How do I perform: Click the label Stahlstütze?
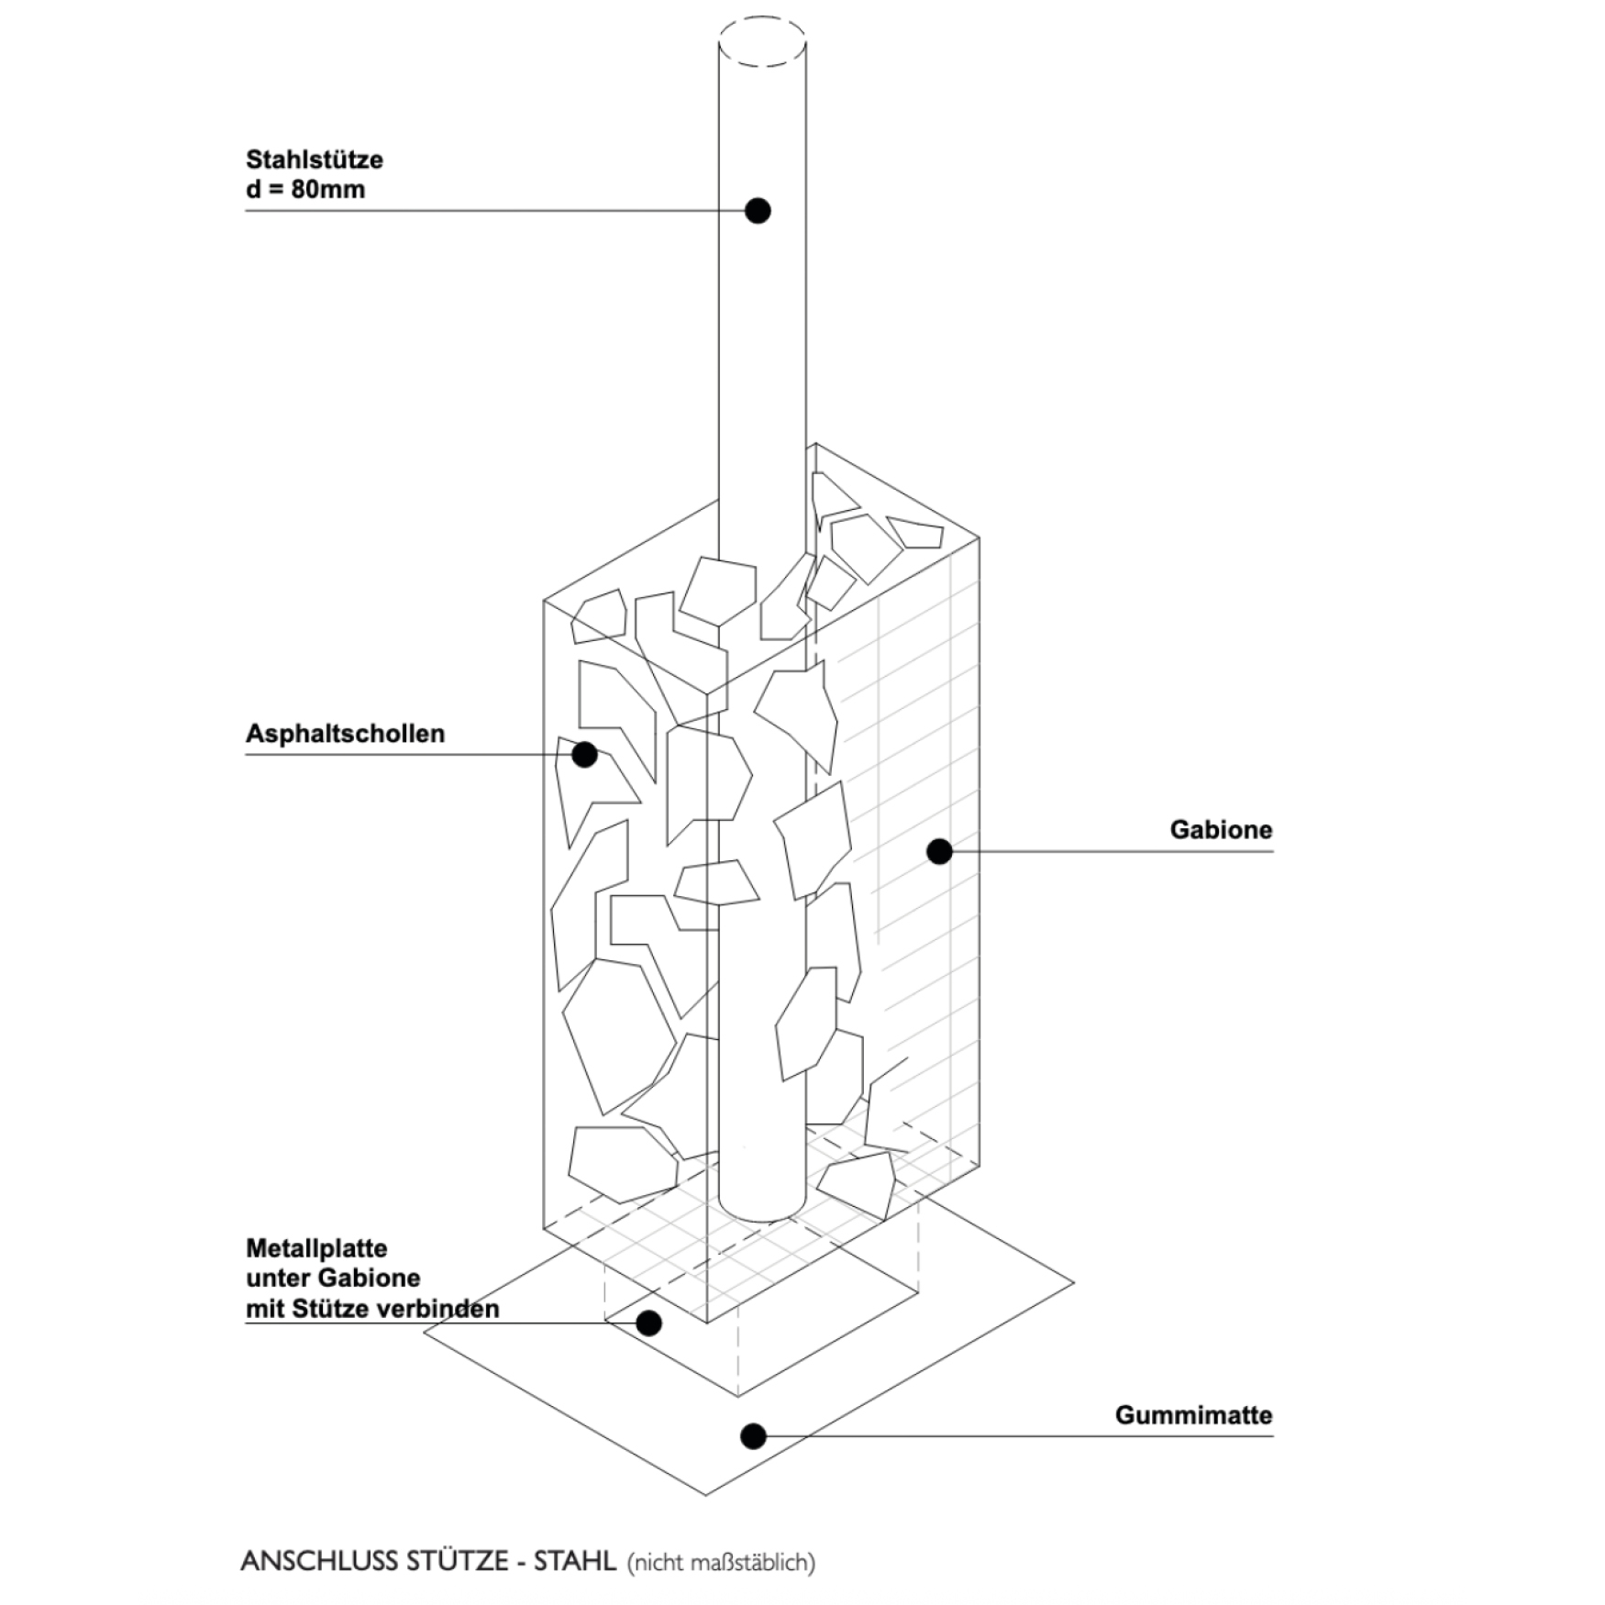coord(315,160)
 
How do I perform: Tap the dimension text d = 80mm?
coord(305,190)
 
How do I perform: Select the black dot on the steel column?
coord(758,210)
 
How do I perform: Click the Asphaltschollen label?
coord(345,734)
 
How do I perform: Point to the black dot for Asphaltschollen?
coord(584,754)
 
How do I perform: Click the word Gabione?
coord(1221,830)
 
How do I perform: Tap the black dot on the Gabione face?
coord(939,851)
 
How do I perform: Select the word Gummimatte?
coord(1193,1415)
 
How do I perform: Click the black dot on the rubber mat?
coord(753,1435)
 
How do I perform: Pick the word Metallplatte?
coord(316,1248)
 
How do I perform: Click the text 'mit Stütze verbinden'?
coord(372,1309)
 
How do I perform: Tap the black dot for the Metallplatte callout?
coord(648,1323)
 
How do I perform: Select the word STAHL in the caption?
coord(575,1561)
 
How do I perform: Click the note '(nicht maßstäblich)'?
coord(721,1563)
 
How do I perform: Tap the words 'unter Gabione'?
coord(333,1278)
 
